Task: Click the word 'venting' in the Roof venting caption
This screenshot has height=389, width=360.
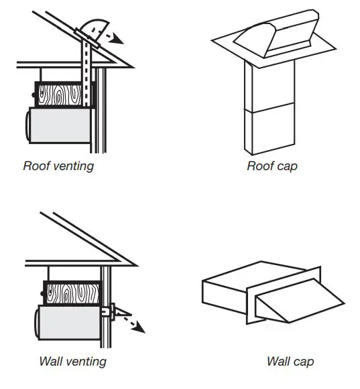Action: [73, 166]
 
